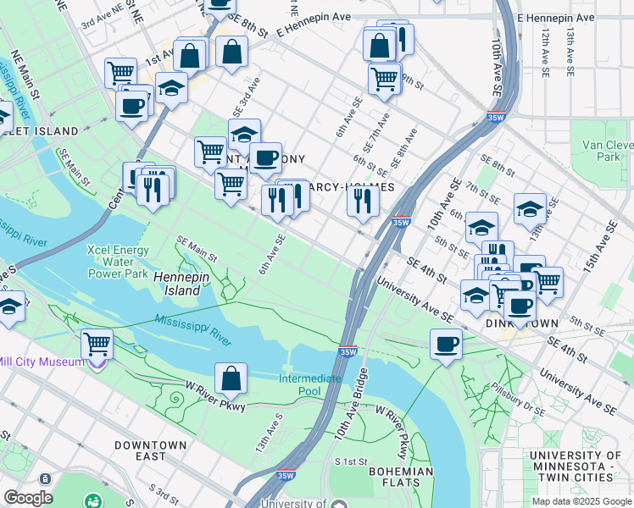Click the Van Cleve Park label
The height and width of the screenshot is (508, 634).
pyautogui.click(x=607, y=151)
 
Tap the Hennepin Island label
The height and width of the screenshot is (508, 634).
pyautogui.click(x=177, y=283)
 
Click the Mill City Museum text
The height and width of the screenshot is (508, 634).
pyautogui.click(x=42, y=362)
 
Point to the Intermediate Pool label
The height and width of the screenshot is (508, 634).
pyautogui.click(x=311, y=384)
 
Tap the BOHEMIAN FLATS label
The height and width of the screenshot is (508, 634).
pyautogui.click(x=401, y=477)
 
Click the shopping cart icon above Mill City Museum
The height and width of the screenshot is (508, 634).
pyautogui.click(x=97, y=344)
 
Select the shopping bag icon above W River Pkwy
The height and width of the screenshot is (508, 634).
pyautogui.click(x=231, y=378)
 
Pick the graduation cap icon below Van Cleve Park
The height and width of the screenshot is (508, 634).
pyautogui.click(x=531, y=208)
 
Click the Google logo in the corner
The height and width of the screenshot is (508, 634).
pyautogui.click(x=28, y=498)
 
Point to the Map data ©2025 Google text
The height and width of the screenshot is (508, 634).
pyautogui.click(x=581, y=501)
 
